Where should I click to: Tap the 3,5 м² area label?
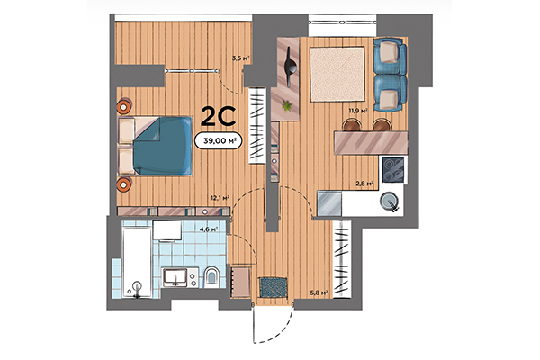coord(239,58)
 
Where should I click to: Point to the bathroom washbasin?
coord(175,277)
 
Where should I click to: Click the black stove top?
coord(392,169)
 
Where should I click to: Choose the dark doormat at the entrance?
coord(272,287)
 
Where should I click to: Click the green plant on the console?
coord(287,106)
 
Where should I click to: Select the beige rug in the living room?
coord(337,73)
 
